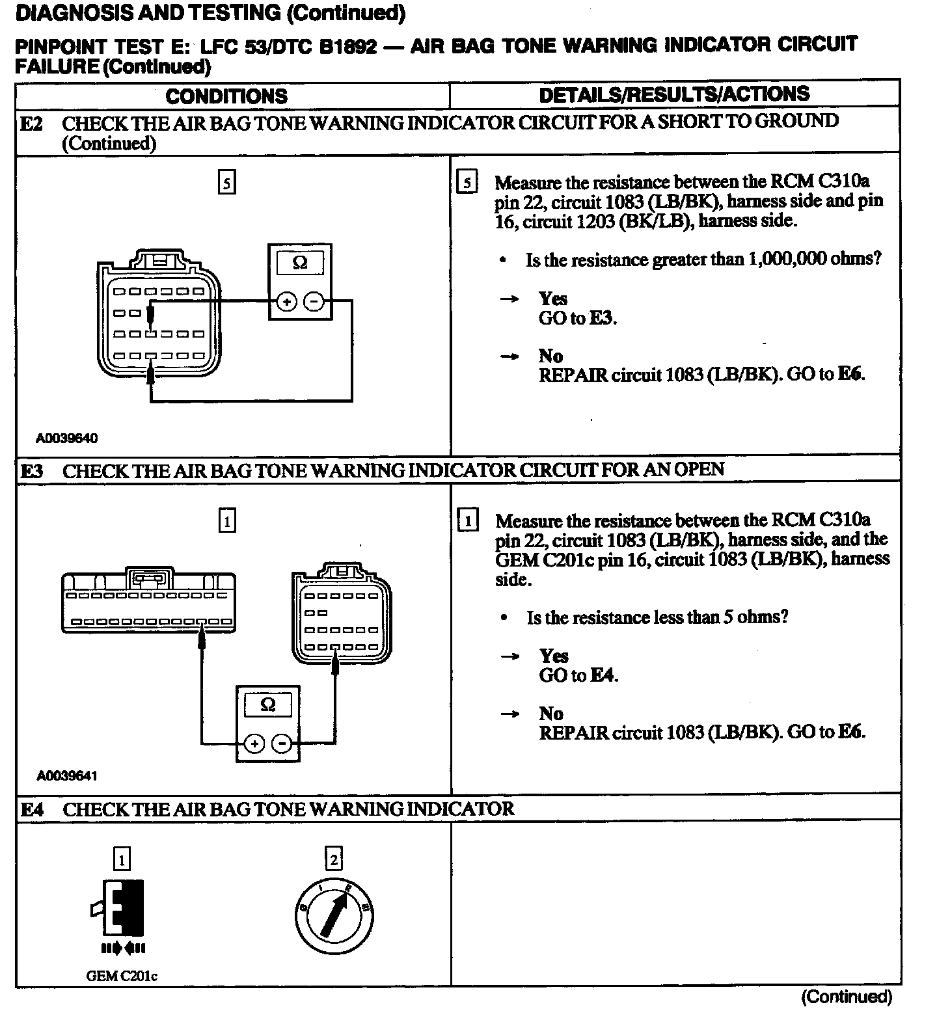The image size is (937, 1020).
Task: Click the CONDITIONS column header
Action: tap(226, 96)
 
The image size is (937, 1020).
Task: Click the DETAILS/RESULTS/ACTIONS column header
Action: tap(674, 94)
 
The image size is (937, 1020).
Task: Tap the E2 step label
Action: tap(31, 124)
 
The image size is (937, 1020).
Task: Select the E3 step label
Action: tap(31, 470)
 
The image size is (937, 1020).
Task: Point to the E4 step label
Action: tap(32, 809)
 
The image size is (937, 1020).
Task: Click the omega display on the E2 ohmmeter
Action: tap(299, 263)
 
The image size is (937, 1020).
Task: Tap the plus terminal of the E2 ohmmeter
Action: tap(287, 302)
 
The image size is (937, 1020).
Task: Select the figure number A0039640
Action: tap(66, 438)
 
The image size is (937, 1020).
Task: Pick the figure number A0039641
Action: tap(67, 775)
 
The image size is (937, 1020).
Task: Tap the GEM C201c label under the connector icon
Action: tap(122, 976)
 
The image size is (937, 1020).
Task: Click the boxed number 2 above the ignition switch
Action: tap(333, 860)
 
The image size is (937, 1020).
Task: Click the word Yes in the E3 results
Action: tap(554, 656)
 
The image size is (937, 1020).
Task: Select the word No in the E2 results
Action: tap(550, 356)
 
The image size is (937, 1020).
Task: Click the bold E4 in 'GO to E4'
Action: tap(603, 675)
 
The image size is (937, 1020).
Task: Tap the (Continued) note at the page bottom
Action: tap(846, 997)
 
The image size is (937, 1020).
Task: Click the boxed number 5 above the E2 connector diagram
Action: tap(226, 183)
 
